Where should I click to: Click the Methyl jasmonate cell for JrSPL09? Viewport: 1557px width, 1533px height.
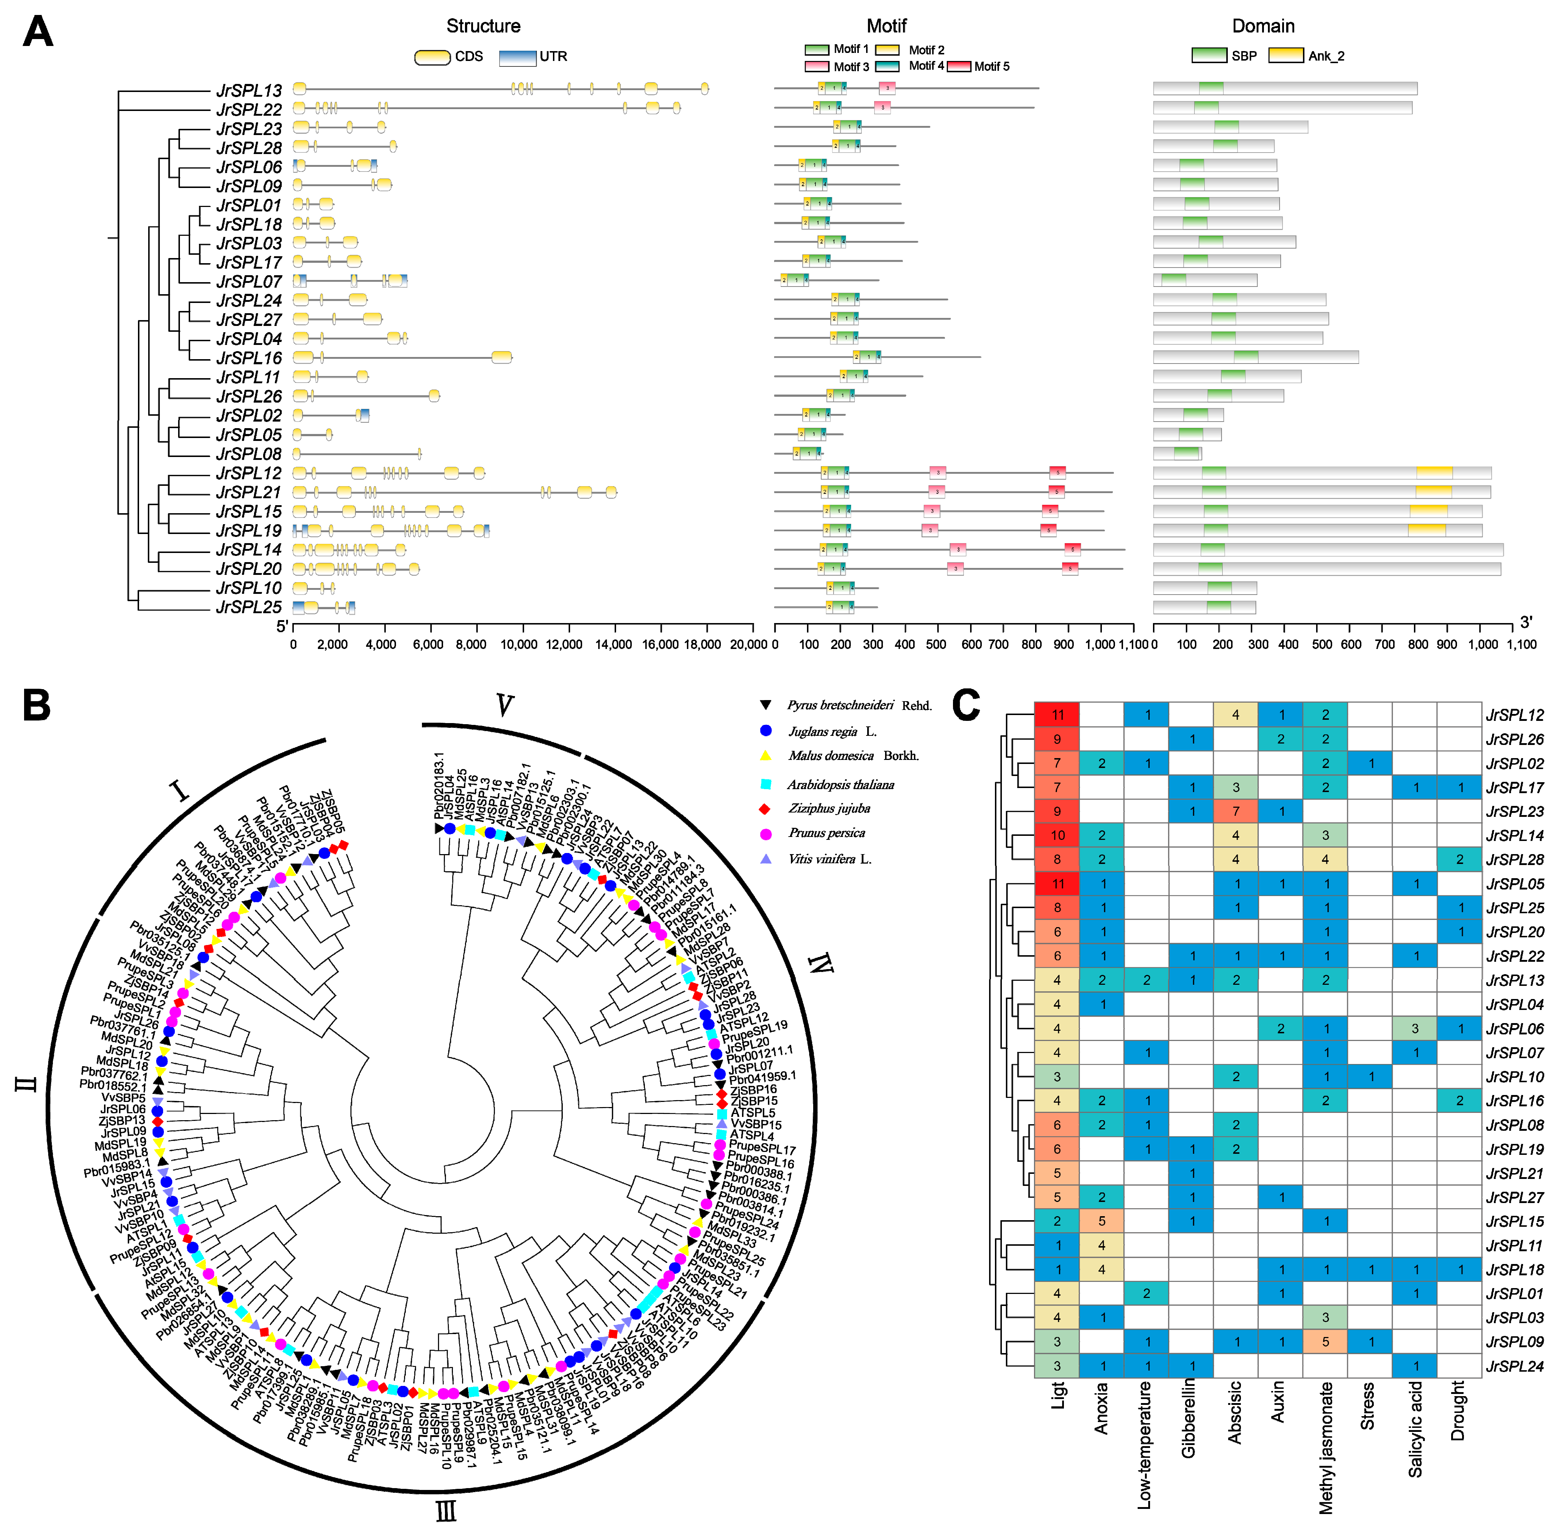[1325, 1342]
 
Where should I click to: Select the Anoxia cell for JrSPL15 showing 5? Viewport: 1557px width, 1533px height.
[1102, 1221]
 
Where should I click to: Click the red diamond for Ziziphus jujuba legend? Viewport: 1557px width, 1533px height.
[766, 808]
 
